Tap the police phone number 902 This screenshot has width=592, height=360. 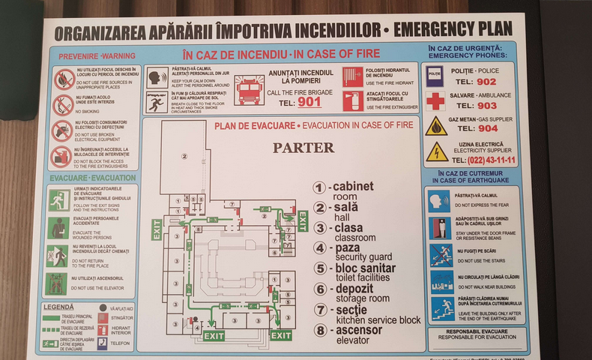tap(486, 82)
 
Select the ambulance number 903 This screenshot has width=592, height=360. tap(486, 106)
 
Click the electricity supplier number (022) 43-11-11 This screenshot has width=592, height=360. tap(492, 160)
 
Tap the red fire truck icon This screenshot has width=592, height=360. tap(250, 91)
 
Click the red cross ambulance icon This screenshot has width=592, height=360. tap(435, 100)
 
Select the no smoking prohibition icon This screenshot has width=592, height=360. tap(63, 104)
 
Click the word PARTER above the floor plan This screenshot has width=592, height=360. tap(303, 148)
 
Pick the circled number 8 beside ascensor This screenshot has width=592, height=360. tap(320, 330)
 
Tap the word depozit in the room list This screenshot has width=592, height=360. tap(356, 289)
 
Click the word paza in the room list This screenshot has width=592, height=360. tap(347, 247)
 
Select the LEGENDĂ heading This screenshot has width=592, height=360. tap(58, 307)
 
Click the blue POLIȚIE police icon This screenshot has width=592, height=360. tap(435, 75)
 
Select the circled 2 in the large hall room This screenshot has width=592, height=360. tap(183, 157)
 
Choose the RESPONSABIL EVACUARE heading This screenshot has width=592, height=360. tap(477, 331)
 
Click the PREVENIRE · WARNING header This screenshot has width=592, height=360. tap(92, 55)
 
